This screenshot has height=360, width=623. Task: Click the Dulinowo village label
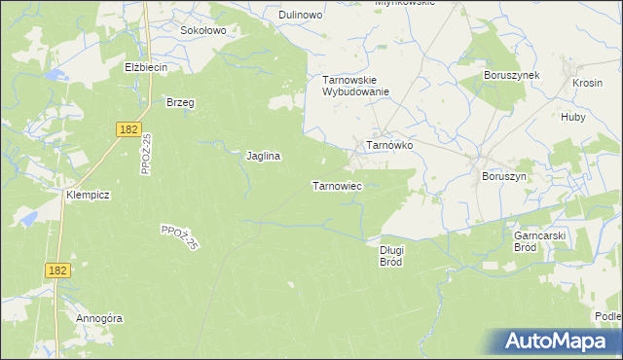300,16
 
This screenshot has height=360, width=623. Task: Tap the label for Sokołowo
202,31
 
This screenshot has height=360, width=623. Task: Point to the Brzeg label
181,102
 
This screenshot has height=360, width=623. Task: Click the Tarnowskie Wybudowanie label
355,86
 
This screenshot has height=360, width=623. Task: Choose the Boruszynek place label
511,75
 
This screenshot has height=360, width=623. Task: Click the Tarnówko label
389,145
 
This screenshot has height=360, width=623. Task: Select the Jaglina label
263,156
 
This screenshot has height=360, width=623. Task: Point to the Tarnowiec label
337,185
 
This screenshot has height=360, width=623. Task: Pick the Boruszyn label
504,176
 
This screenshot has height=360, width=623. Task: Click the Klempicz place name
87,195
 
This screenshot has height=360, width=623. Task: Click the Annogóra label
99,318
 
